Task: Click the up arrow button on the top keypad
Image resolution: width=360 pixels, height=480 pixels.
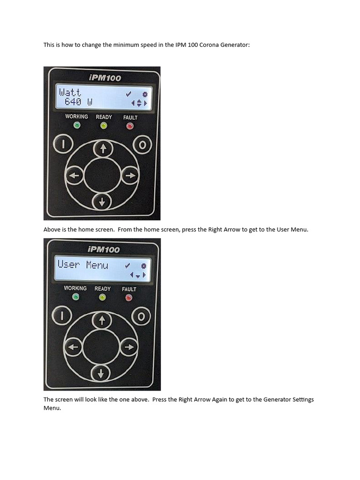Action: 102,149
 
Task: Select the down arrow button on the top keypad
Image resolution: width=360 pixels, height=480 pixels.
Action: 102,202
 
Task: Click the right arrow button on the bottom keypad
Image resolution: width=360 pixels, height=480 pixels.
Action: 129,347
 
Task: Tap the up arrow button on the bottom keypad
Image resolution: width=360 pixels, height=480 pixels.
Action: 101,321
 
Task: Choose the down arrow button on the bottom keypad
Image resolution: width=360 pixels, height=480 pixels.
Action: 101,374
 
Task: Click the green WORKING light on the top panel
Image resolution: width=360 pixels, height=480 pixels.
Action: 77,125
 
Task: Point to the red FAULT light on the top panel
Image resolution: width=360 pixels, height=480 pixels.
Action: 130,126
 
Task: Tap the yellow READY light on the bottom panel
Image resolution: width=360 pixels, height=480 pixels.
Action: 103,297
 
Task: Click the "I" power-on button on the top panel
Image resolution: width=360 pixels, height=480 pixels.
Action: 62,144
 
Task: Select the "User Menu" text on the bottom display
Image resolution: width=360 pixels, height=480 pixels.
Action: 83,265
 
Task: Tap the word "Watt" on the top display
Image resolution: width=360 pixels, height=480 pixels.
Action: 70,92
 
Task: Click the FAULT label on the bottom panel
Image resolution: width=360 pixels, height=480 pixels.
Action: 129,289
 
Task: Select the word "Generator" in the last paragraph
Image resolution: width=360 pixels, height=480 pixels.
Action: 277,399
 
